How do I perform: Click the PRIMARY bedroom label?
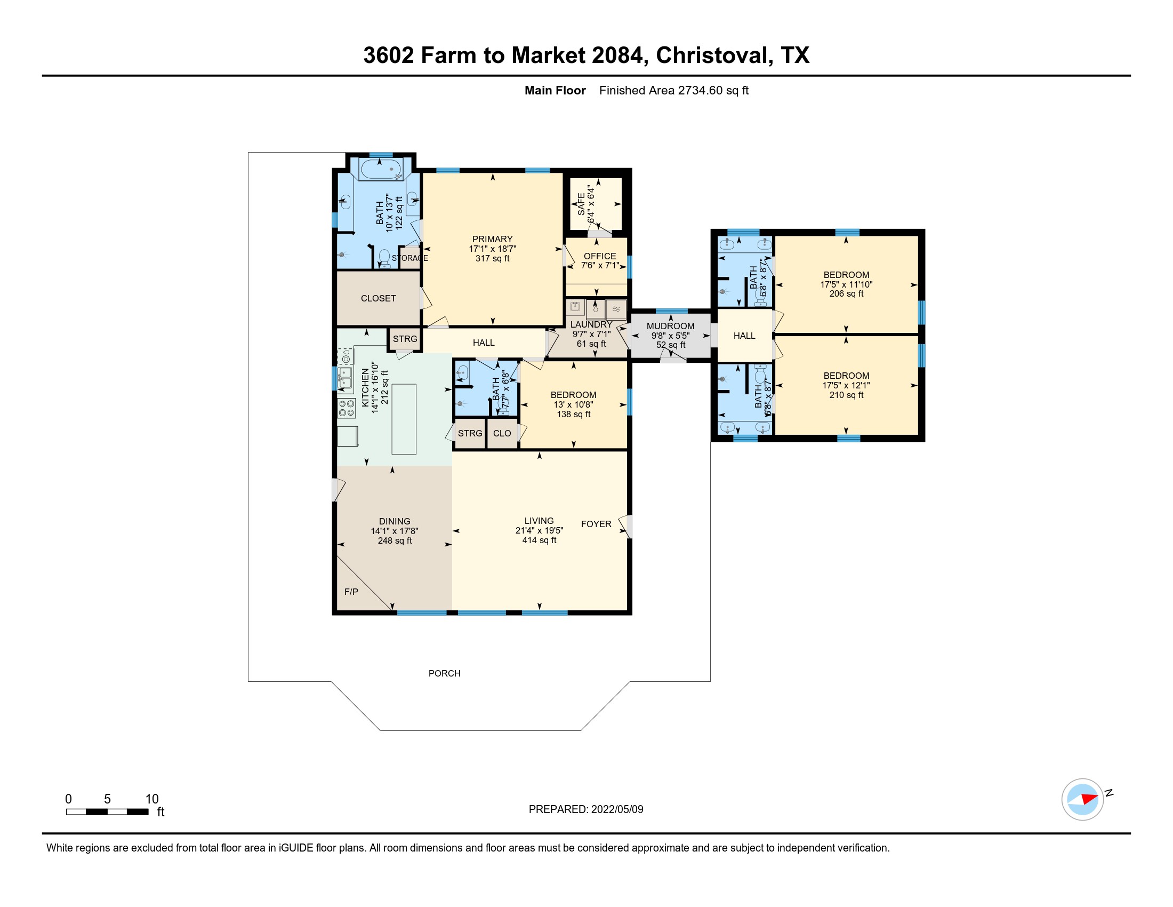(492, 239)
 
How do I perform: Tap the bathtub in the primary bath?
(381, 169)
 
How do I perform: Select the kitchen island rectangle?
(404, 419)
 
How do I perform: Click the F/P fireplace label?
(351, 592)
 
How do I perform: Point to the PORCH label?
(444, 673)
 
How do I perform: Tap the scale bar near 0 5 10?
(107, 811)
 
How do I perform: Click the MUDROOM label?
(670, 326)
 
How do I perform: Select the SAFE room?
(596, 204)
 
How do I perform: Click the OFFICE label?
(599, 256)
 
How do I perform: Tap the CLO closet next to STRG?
(502, 434)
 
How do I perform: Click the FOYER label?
(596, 524)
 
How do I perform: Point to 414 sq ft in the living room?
(539, 540)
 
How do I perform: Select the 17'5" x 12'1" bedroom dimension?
(846, 385)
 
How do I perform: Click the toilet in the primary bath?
(384, 257)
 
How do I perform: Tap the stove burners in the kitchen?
(347, 408)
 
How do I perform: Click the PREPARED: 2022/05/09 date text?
(585, 809)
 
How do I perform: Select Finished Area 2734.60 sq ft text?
(673, 90)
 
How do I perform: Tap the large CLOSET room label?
(378, 298)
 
